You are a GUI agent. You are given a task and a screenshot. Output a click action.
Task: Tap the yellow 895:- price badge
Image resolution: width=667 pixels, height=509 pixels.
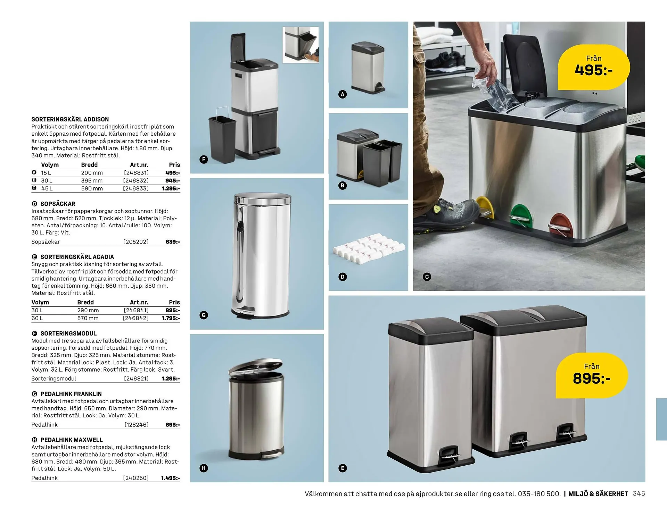[592, 375]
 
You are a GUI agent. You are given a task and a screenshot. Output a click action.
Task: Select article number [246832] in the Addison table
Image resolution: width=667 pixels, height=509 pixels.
[136, 180]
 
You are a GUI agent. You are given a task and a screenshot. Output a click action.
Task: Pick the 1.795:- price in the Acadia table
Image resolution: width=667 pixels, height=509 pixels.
[171, 318]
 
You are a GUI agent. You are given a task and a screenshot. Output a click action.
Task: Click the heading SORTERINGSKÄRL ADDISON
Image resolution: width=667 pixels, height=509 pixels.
[70, 119]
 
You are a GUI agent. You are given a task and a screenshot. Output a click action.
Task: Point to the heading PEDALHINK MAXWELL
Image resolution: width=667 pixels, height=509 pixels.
[71, 440]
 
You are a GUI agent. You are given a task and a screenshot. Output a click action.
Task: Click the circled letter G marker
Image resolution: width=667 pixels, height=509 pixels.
[204, 315]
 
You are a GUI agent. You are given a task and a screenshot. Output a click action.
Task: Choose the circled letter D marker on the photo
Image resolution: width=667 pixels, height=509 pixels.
[343, 277]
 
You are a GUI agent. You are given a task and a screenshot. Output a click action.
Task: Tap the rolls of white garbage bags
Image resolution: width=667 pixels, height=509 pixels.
[369, 247]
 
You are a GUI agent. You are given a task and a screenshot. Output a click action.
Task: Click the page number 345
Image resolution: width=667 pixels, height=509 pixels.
[639, 493]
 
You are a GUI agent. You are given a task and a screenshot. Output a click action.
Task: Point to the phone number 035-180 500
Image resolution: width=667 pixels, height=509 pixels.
[539, 494]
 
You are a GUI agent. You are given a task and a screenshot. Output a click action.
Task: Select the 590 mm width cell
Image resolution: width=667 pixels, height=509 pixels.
[92, 188]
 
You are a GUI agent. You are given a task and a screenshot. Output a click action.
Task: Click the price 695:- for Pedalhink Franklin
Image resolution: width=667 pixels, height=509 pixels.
[173, 425]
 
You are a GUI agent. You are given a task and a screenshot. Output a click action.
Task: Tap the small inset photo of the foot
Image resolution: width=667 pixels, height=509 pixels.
[300, 45]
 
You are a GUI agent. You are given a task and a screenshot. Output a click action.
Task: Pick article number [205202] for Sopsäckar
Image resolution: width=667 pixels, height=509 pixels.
[136, 242]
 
